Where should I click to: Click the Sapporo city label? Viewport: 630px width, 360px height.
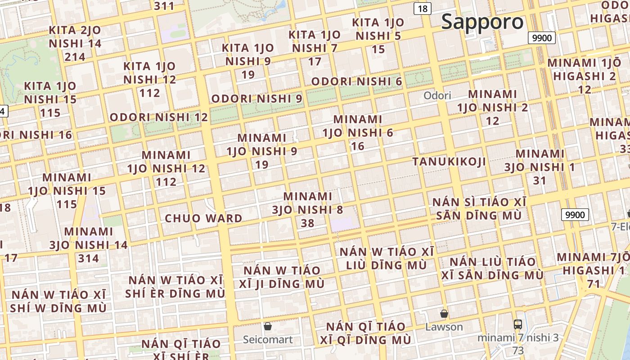(x=482, y=22)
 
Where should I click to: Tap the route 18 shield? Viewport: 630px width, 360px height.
(x=423, y=9)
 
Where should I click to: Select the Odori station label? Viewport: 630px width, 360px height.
(x=437, y=95)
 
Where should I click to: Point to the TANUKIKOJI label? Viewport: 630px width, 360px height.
(x=449, y=162)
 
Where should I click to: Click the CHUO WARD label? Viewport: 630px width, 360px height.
(x=203, y=219)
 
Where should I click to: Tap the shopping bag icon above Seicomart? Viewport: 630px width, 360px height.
(x=268, y=326)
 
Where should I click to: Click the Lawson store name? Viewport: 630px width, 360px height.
(x=444, y=327)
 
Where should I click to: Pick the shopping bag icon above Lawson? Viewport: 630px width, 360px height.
(x=444, y=314)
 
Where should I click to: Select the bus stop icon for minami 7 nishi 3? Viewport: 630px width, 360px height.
(x=518, y=324)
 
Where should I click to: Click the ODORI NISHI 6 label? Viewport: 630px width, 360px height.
(x=356, y=81)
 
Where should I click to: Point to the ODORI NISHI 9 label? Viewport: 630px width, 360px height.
(x=256, y=99)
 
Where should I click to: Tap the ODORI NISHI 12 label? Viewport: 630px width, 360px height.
(x=159, y=117)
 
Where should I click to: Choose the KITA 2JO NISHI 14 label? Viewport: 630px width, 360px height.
(x=75, y=37)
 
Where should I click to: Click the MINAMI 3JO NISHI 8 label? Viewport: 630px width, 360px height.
(x=308, y=203)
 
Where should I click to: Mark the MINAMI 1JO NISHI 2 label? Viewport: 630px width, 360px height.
(x=493, y=101)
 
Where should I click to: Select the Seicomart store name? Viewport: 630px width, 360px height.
(x=268, y=339)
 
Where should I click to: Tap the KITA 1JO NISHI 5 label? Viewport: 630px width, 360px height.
(x=378, y=29)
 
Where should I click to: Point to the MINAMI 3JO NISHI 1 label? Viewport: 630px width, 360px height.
(x=540, y=161)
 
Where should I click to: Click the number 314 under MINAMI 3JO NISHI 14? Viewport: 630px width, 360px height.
(x=88, y=258)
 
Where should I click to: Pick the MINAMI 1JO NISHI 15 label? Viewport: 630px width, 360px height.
(x=67, y=184)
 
